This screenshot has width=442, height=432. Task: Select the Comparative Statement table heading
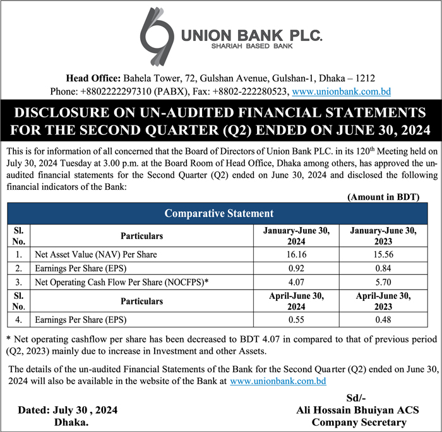[218, 213]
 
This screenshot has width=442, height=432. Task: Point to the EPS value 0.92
[296, 267]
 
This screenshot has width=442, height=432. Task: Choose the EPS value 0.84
[383, 267]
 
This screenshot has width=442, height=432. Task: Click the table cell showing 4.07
[296, 281]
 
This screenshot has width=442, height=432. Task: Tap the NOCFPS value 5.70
[383, 281]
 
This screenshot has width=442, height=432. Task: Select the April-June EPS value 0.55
[296, 319]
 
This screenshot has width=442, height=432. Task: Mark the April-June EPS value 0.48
[383, 319]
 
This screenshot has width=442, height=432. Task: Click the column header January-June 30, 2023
[383, 236]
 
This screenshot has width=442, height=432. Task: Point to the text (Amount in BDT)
[383, 197]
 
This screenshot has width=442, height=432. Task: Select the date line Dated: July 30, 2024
[68, 410]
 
